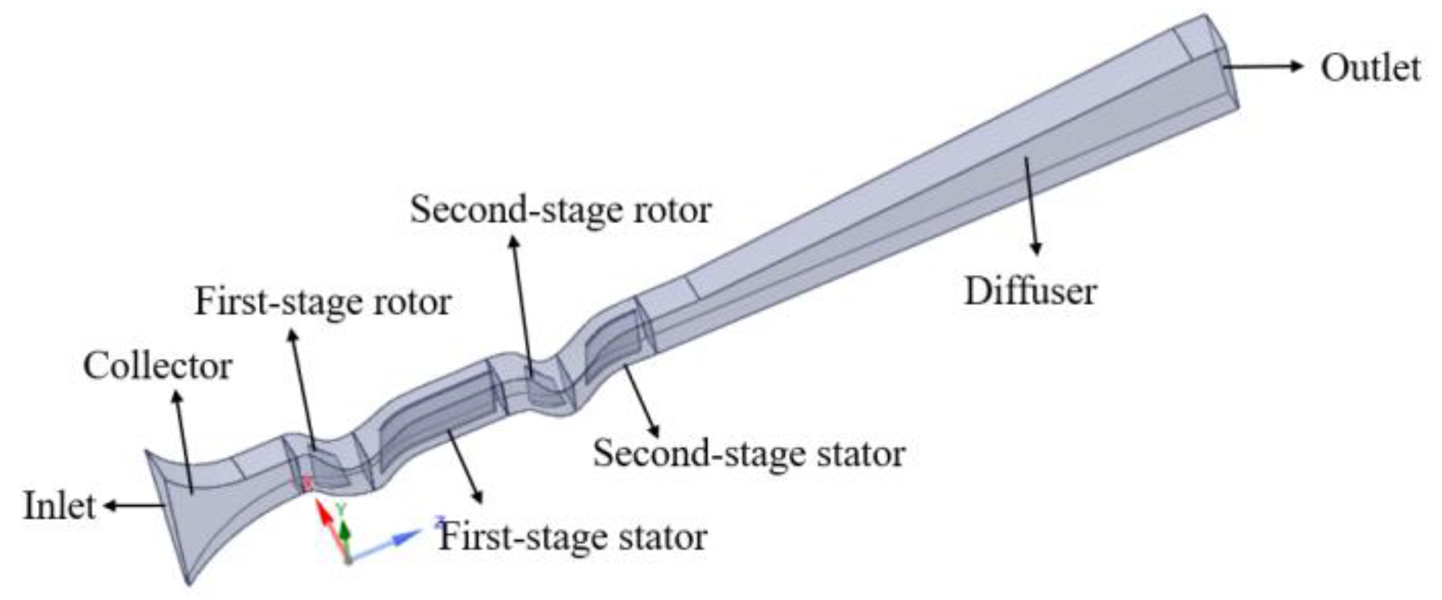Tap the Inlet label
[x=59, y=507]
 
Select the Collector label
[x=157, y=366]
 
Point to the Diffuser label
[x=1030, y=291]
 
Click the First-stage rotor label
[x=323, y=302]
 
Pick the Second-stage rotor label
[x=561, y=210]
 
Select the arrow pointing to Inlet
[x=133, y=505]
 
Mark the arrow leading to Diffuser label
[x=1031, y=204]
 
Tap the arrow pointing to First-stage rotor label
[x=302, y=388]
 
